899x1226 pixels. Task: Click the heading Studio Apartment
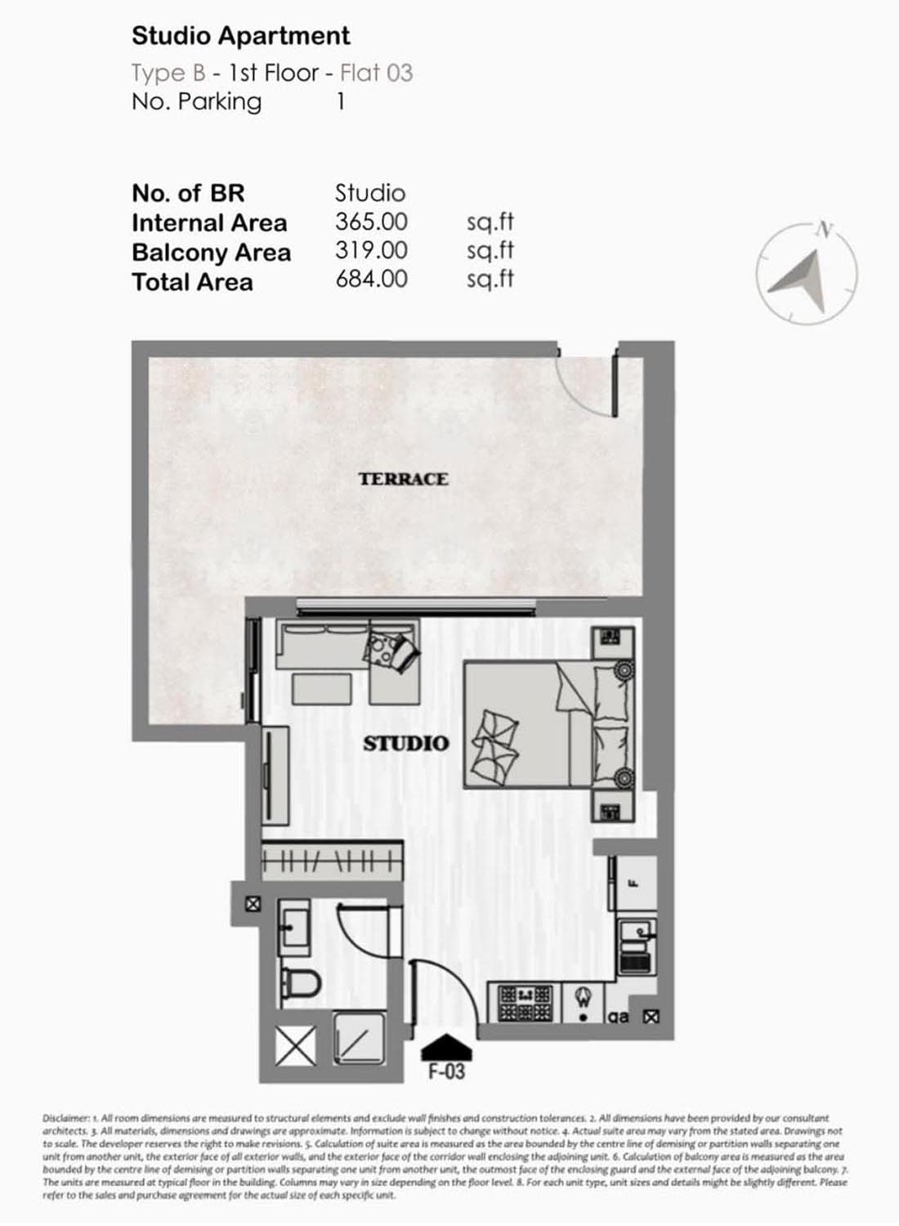[x=240, y=36]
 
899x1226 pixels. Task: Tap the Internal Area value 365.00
[x=371, y=221]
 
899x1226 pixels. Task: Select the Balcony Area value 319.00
[x=371, y=251]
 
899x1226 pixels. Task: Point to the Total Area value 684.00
[x=371, y=280]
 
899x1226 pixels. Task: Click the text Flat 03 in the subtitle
[x=376, y=73]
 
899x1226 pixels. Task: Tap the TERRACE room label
[x=403, y=479]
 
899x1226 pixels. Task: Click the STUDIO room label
[x=406, y=744]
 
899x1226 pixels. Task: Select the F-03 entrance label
[x=446, y=1072]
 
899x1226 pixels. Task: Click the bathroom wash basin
[x=293, y=927]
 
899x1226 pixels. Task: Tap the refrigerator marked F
[x=633, y=884]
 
